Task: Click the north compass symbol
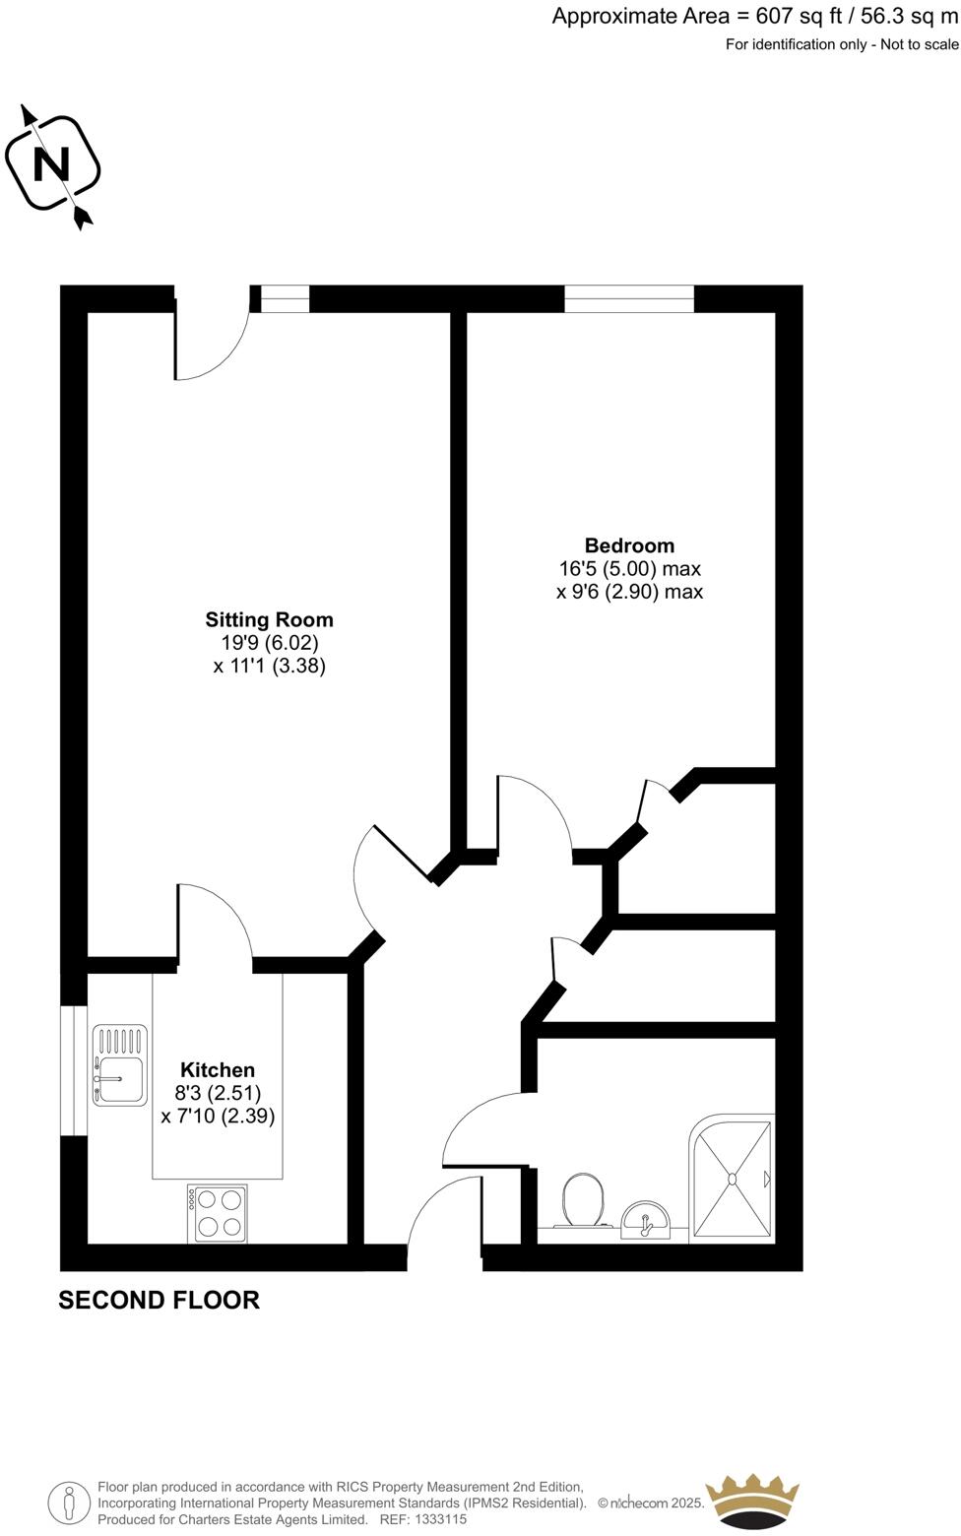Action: pos(53,164)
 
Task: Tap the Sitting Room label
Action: pos(269,620)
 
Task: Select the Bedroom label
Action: pos(629,545)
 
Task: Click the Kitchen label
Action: pos(218,1070)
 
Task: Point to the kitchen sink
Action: pos(119,1065)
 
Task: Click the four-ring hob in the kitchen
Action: pos(218,1213)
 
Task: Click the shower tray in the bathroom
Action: pos(732,1178)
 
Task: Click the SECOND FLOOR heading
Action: pos(159,1301)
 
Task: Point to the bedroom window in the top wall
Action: pos(629,298)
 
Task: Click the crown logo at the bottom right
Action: pos(753,1502)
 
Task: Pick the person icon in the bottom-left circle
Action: pos(69,1504)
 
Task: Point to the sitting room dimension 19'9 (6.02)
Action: pos(269,643)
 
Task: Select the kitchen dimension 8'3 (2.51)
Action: pos(218,1093)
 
